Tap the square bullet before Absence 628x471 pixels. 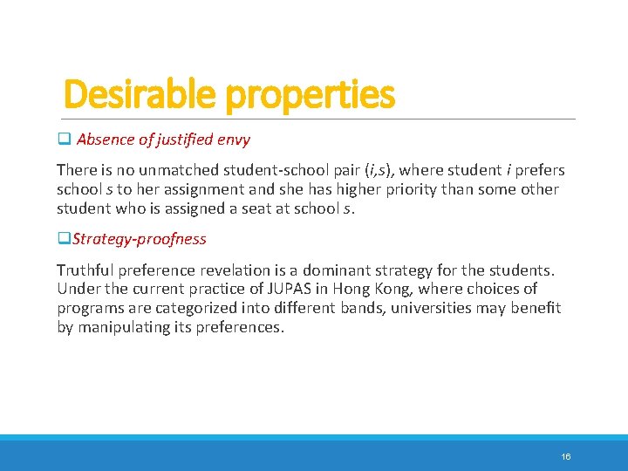pos(63,139)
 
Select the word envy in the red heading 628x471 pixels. pos(235,140)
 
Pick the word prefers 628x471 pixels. pos(540,170)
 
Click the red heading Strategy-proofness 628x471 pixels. pos(140,239)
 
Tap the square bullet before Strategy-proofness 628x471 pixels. pos(63,239)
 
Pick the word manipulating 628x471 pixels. pos(121,327)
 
